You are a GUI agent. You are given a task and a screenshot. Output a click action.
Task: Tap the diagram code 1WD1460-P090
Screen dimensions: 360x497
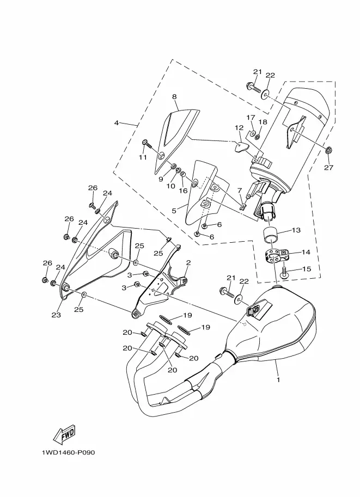pos(68,452)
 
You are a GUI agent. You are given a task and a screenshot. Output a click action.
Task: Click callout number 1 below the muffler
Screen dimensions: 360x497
pos(278,379)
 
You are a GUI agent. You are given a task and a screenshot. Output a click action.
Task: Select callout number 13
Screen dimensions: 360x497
pos(296,230)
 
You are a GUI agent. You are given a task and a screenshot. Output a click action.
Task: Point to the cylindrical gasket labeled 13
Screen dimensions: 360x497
pos(271,234)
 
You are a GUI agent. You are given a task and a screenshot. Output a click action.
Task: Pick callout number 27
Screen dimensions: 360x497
pos(328,167)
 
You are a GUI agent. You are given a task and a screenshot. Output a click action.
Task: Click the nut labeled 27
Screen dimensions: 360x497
pos(328,150)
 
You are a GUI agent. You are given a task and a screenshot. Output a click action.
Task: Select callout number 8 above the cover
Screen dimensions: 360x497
pos(174,97)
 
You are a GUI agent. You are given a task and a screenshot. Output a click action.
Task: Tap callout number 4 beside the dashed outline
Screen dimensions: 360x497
pos(117,122)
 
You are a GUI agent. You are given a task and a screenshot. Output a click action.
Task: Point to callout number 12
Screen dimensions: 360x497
pos(239,128)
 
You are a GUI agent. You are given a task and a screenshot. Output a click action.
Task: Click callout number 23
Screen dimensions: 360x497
pos(56,315)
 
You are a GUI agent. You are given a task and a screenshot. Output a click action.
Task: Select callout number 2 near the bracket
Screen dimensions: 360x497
pos(188,263)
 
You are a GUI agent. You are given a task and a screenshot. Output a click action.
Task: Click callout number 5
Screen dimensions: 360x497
pos(174,211)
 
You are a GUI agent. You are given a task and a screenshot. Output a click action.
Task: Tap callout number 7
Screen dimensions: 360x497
pos(240,190)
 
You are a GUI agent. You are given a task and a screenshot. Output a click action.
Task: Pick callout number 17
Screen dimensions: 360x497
pos(251,118)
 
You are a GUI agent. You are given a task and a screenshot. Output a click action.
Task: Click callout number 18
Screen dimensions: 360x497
pos(263,122)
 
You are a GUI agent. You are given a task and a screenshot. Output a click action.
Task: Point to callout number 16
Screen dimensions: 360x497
pos(183,191)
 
